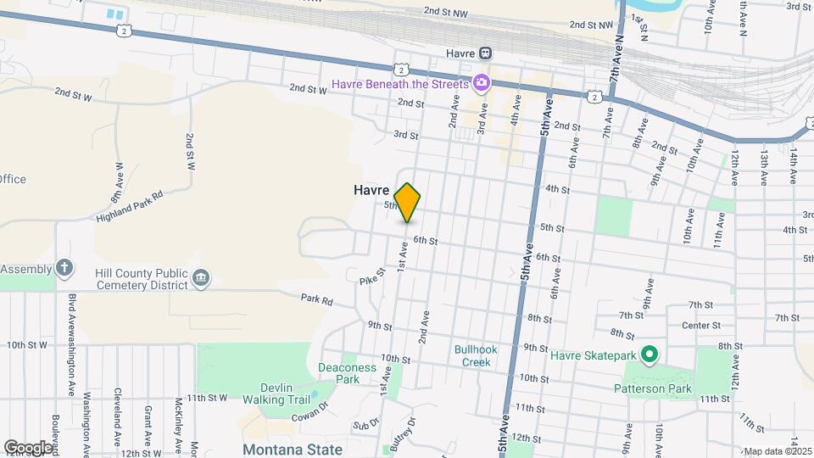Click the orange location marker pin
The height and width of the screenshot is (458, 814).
pos(407,203)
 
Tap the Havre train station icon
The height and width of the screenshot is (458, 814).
pos(485,53)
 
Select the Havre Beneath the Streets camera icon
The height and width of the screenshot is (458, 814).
pos(482,83)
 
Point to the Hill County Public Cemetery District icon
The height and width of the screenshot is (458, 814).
pos(202,277)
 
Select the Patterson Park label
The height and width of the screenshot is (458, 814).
pos(653,388)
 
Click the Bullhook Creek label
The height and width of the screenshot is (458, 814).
pos(476,355)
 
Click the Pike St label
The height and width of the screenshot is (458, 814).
pos(372,276)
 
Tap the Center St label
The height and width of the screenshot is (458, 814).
pos(704,324)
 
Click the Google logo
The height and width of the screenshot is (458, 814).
pos(28,447)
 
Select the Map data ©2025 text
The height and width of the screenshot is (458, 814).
pos(778,451)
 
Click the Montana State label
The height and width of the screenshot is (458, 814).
pos(293,450)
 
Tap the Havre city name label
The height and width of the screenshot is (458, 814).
pos(371,191)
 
